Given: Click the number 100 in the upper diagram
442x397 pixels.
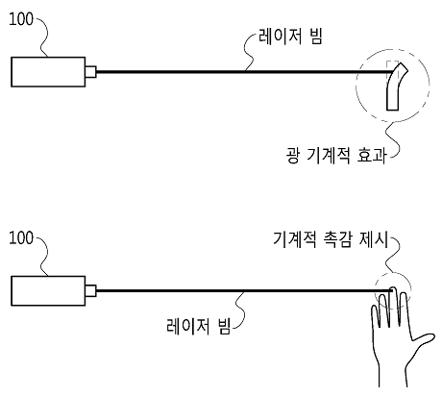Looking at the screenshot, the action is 21,19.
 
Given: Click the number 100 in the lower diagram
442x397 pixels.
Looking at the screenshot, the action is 21,238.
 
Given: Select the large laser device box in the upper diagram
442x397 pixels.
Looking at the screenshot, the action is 48,72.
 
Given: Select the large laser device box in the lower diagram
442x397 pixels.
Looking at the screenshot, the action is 48,291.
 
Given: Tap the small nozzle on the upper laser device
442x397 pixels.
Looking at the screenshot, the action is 90,72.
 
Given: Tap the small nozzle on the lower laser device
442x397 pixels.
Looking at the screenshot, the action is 90,290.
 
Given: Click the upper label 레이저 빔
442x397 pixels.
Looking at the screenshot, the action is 290,36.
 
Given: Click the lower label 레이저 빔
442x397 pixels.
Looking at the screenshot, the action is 199,327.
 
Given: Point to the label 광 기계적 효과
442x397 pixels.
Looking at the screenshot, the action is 336,156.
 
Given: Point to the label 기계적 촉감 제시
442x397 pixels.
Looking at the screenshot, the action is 331,239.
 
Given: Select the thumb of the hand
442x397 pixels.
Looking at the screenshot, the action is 422,339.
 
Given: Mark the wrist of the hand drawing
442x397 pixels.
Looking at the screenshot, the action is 393,377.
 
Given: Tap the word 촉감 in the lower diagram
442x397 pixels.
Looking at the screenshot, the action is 333,239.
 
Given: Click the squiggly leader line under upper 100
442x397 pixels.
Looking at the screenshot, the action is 44,37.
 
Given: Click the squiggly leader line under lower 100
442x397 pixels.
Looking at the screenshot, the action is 44,257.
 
